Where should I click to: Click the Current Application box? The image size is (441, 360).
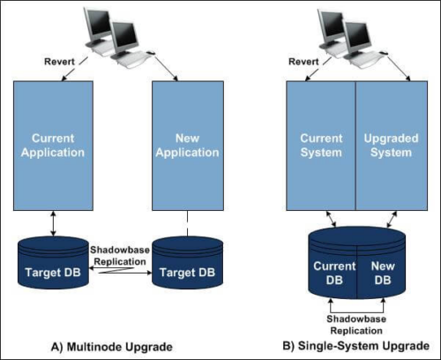53,146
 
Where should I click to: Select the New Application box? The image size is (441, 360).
188,146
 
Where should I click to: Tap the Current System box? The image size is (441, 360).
321,146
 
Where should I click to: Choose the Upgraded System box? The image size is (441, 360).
392,146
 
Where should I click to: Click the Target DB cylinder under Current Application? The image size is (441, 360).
53,262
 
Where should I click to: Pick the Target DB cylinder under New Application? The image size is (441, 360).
188,262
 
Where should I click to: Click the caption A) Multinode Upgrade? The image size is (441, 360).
112,347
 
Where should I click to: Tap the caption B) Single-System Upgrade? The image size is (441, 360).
355,346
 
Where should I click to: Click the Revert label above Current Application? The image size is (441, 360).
59,62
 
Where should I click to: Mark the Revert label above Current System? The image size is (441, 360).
303,62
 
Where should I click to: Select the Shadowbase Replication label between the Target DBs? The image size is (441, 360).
120,256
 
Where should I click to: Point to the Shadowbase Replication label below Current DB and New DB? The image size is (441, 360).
356,325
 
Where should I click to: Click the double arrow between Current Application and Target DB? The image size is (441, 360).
53,223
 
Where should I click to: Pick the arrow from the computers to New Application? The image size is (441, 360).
166,68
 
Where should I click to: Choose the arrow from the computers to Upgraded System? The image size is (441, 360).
399,68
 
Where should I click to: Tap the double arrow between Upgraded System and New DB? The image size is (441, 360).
392,220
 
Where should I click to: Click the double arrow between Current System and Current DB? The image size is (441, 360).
331,219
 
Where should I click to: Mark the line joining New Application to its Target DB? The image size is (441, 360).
188,223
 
